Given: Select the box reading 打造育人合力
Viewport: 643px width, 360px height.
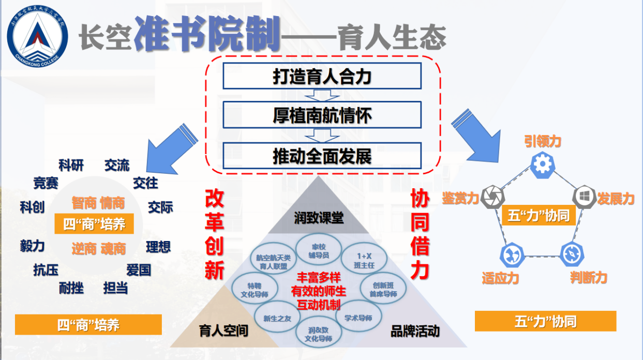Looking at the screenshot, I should tap(322, 76).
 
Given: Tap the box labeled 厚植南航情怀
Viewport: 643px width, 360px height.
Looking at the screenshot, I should tap(322, 115).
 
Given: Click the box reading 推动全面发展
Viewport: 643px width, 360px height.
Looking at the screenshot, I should tap(322, 156).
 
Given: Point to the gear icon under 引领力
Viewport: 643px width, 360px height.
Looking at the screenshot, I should tap(542, 164).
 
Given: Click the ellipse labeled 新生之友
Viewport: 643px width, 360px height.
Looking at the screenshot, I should tap(277, 318).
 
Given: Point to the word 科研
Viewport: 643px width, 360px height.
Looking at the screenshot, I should tap(71, 166).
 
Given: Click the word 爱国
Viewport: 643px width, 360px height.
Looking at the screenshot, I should tap(138, 270).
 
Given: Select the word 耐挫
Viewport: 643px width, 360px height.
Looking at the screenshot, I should tap(71, 288).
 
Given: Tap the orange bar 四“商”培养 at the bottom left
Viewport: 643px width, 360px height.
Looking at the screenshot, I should tap(88, 324).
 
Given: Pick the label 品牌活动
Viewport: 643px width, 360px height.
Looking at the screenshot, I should tap(415, 331).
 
